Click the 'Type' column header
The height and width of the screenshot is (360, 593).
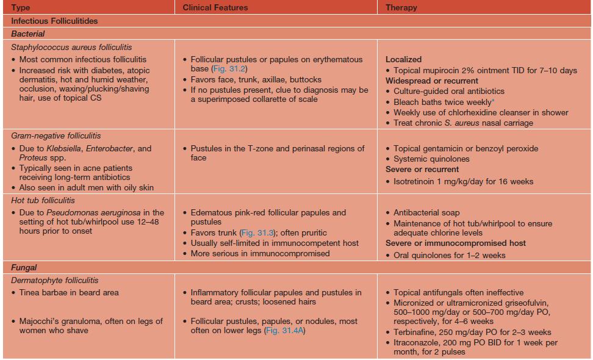pos(20,7)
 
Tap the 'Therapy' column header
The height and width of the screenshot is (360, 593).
pos(401,7)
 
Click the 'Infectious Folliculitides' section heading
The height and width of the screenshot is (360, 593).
pos(54,21)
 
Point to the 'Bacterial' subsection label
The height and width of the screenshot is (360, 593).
pos(27,34)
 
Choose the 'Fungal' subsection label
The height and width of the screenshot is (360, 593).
pos(24,267)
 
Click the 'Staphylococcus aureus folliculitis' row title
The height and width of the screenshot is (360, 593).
pos(71,47)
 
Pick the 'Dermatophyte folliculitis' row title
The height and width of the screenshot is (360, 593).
pos(55,280)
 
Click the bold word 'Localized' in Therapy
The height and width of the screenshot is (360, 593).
pos(403,60)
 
